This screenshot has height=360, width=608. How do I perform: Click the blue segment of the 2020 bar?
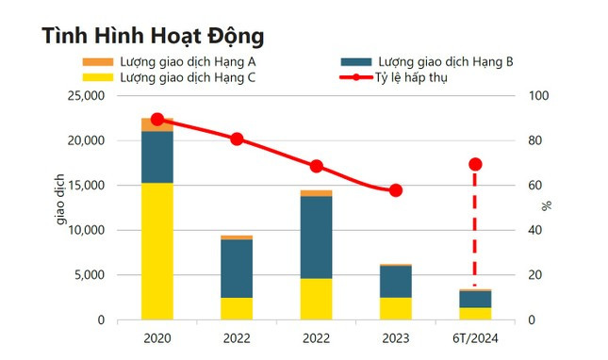pos(157,156)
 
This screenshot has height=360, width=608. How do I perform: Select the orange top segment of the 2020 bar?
pos(157,124)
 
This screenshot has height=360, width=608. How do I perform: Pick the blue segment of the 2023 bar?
pos(396,281)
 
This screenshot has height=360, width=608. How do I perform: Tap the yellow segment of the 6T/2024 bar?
pos(475,313)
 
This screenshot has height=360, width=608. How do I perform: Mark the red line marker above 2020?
pos(157,120)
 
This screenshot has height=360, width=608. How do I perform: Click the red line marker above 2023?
pos(396,190)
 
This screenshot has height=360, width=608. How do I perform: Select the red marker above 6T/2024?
pos(475,164)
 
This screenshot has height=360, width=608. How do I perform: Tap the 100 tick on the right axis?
pos(535,96)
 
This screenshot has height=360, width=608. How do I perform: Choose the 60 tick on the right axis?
pos(533,186)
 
